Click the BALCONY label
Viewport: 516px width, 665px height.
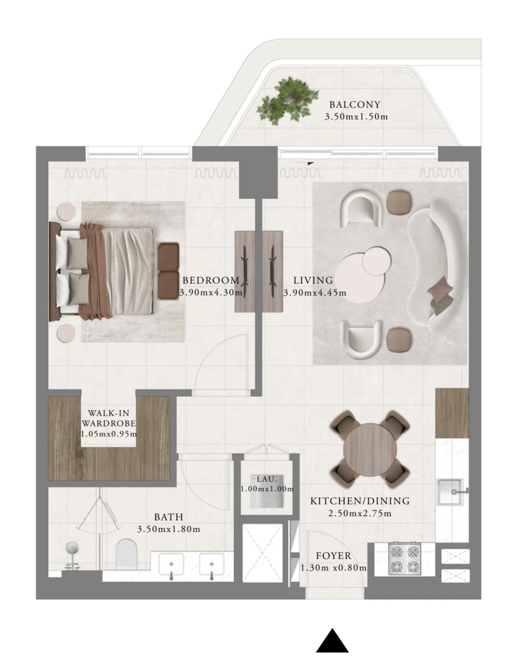pyautogui.click(x=355, y=105)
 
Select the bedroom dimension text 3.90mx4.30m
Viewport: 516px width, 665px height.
pyautogui.click(x=210, y=293)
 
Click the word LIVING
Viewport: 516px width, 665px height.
pyautogui.click(x=313, y=281)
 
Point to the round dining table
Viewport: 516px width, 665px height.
pyautogui.click(x=370, y=447)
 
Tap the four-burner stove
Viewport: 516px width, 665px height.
pyautogui.click(x=404, y=558)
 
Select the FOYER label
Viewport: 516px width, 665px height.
pyautogui.click(x=333, y=556)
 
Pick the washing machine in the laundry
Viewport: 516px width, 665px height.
pyautogui.click(x=267, y=496)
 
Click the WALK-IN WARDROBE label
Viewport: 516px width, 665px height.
pyautogui.click(x=108, y=418)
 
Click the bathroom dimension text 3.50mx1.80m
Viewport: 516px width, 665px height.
pyautogui.click(x=169, y=529)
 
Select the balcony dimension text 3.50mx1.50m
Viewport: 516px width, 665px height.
pyautogui.click(x=356, y=117)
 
